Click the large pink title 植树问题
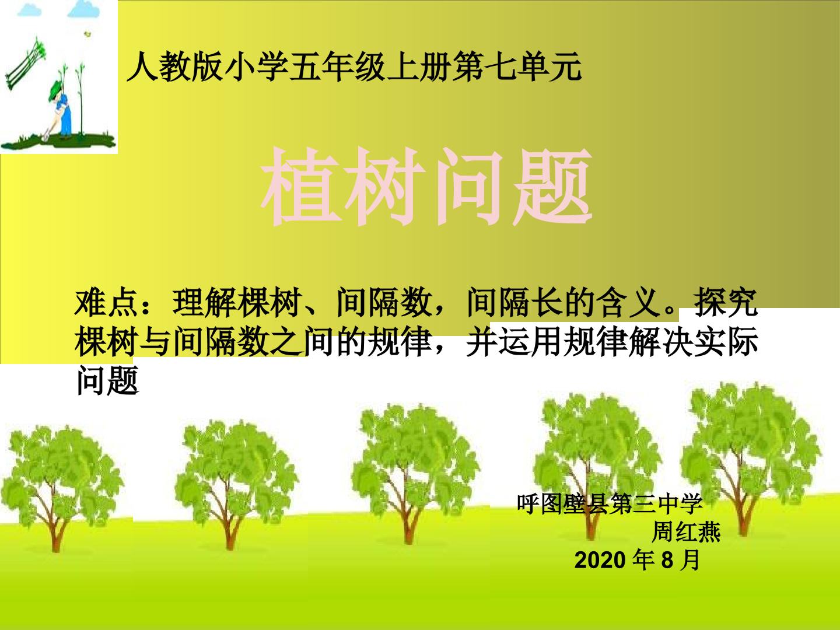pos(426,186)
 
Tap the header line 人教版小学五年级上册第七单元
pos(354,68)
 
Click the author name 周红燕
pos(686,531)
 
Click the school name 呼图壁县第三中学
pos(610,503)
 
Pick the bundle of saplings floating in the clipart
pos(25,62)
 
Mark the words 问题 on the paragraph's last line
pos(107,380)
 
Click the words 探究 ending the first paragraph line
pos(726,303)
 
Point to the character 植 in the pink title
pos(300,186)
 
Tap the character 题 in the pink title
pos(552,186)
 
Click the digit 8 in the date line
pos(667,561)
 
